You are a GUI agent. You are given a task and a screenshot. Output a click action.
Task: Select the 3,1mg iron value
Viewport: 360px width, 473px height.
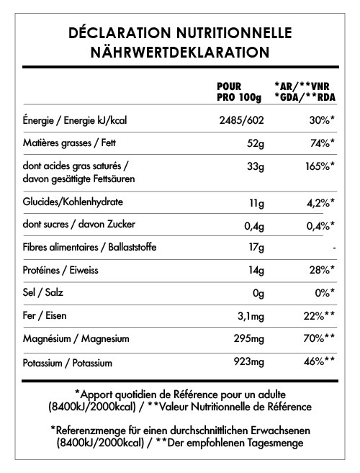(248, 315)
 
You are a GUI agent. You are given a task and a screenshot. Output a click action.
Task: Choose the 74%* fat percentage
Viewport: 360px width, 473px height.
(319, 143)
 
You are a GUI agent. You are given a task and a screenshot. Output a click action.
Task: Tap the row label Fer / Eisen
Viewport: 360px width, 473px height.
(48, 315)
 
